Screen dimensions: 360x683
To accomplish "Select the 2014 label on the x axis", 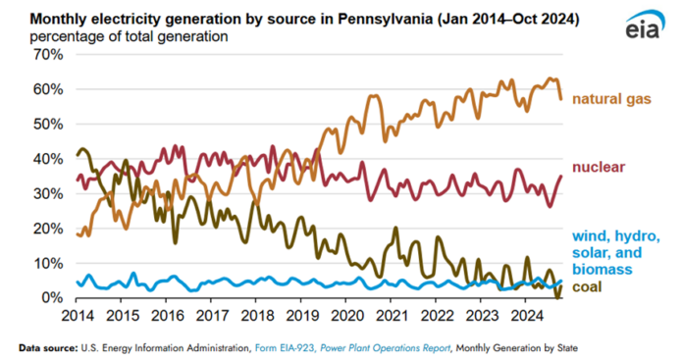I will (x=77, y=317).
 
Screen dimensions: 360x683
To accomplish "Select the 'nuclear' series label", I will (x=601, y=168).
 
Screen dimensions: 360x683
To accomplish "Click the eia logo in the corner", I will (x=642, y=27).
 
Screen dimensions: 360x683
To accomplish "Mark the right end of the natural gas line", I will (x=561, y=99).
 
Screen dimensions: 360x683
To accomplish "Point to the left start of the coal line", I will (x=78, y=155).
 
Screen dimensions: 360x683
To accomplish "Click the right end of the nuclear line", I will (x=561, y=177).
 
